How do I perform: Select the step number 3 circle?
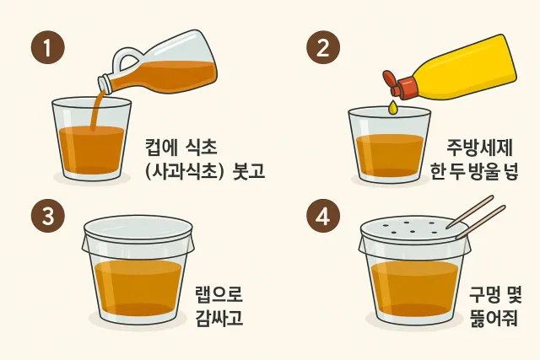click(48, 217)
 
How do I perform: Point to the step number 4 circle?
click(321, 217)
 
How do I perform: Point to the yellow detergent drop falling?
click(392, 107)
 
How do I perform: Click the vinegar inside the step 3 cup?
click(138, 287)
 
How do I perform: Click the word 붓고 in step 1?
click(246, 172)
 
